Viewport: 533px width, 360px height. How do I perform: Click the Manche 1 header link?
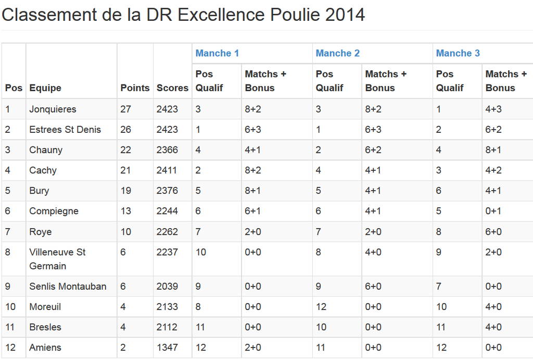tap(217, 53)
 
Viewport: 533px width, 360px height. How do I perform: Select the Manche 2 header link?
tap(337, 53)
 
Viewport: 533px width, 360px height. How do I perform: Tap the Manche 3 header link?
tap(458, 53)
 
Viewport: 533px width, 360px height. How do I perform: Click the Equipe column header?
tap(45, 88)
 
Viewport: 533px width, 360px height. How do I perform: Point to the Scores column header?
tap(172, 88)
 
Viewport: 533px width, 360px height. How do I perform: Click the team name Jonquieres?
tap(53, 109)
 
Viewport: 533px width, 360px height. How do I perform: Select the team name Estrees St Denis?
tap(65, 130)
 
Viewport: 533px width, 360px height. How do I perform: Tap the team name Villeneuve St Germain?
tap(57, 259)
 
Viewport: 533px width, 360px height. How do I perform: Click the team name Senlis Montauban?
tap(68, 287)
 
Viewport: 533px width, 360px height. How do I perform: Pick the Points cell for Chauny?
tap(126, 150)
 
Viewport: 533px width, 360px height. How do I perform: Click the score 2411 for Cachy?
tap(167, 170)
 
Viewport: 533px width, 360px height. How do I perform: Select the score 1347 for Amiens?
tap(167, 347)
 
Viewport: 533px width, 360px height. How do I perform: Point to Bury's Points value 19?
tap(126, 191)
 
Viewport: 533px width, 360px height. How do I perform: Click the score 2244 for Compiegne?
tap(167, 211)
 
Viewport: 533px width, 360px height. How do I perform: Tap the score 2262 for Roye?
tap(167, 232)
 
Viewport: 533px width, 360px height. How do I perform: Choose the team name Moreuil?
tap(45, 307)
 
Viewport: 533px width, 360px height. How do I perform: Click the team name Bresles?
tap(45, 327)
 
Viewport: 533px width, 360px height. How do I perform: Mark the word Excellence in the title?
tap(221, 15)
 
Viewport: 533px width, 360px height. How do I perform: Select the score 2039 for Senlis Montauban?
tap(167, 287)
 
